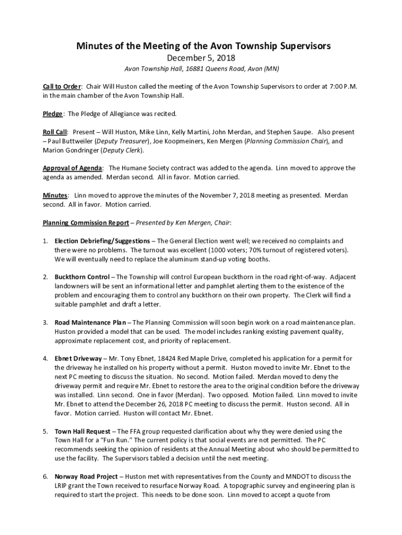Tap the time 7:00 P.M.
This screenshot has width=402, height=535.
coord(345,86)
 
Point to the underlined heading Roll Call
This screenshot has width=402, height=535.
coord(55,132)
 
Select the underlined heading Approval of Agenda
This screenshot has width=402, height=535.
coord(73,168)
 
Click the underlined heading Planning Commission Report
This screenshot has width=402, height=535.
coord(86,223)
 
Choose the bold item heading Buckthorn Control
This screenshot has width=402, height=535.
coord(82,277)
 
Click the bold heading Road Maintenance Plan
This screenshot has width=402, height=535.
coord(90,322)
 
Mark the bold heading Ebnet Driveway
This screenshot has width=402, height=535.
coord(78,358)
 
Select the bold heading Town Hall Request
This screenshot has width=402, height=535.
coord(82,431)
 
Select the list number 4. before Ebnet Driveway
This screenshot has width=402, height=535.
coord(45,358)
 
